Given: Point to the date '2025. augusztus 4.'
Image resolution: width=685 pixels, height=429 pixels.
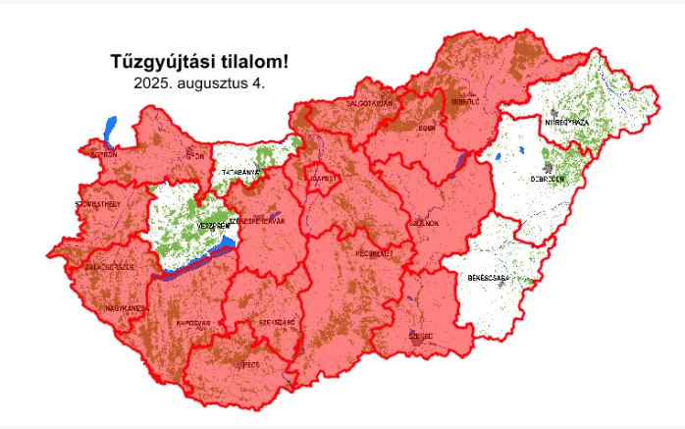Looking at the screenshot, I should point(199,83).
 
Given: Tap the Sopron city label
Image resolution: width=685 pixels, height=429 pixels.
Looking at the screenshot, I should point(104,154).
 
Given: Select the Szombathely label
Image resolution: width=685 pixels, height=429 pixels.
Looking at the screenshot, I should point(98,203).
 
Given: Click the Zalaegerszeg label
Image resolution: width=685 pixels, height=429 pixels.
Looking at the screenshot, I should point(109,266).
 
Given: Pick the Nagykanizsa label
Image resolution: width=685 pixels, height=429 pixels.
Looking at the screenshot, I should point(126,308).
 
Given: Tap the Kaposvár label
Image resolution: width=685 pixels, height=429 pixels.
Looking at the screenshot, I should point(194,323).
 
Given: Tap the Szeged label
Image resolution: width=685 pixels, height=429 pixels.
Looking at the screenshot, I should point(422,335).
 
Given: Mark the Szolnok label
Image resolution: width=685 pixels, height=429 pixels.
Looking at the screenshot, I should point(425,223).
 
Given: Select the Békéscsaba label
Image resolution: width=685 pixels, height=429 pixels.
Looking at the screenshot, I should point(489,279).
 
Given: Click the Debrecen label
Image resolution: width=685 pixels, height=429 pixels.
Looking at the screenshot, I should point(547,180).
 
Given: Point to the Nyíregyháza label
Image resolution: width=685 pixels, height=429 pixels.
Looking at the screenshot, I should point(566,122).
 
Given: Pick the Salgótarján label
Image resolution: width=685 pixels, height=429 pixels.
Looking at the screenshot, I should point(370,102).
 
